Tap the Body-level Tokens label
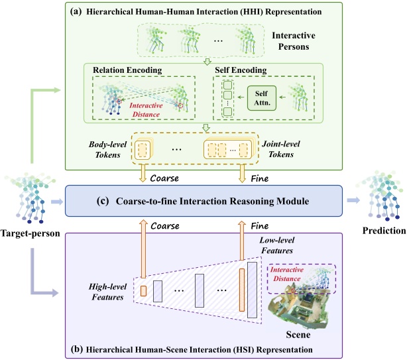[105, 147]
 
